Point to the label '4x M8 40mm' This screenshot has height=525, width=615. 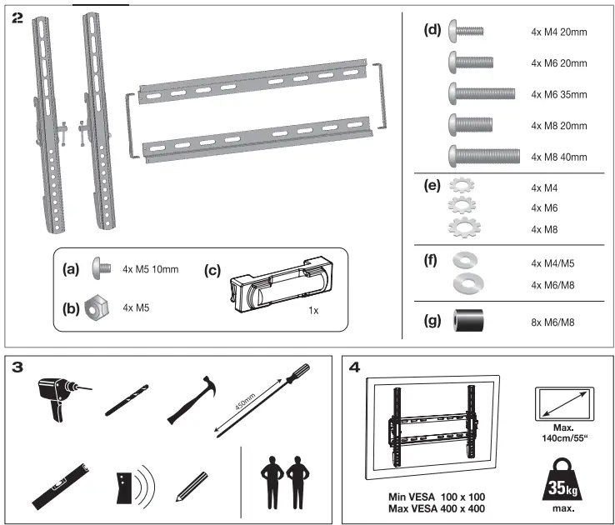coord(558,157)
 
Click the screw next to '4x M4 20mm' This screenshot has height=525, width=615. coord(466,32)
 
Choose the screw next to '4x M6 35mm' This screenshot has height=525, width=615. coord(482,93)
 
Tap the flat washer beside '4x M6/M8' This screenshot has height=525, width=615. coord(467,284)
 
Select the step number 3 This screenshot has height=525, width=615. coord(18,367)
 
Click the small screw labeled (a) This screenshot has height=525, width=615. coord(99,269)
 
